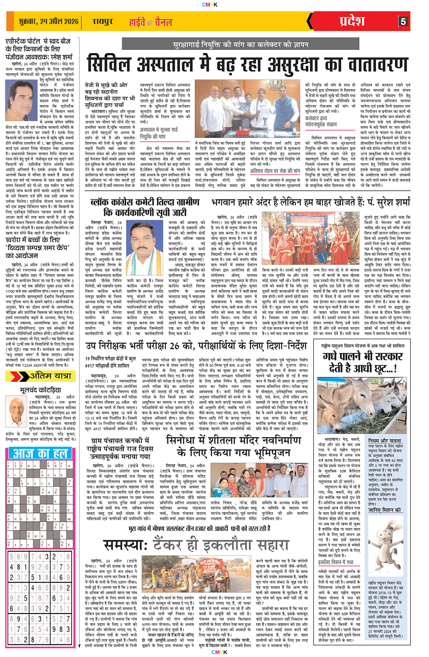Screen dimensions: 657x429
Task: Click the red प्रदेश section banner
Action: pyautogui.click(x=369, y=22)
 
